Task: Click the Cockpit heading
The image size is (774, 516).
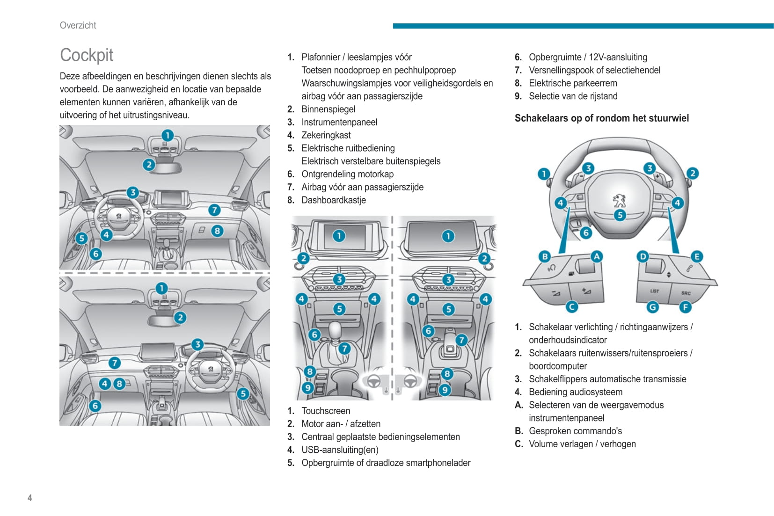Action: (x=87, y=55)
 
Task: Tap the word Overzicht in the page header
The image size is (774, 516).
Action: (x=78, y=25)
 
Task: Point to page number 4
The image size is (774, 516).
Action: (x=30, y=498)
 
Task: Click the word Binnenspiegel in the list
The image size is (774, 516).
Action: (x=328, y=109)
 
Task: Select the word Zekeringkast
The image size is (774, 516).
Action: (x=326, y=135)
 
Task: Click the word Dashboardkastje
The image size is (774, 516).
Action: (x=333, y=200)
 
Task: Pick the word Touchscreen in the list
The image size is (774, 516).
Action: (x=325, y=411)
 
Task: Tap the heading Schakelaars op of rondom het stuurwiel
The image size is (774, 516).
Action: (x=601, y=118)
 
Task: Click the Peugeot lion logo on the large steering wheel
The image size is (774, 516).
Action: (x=619, y=200)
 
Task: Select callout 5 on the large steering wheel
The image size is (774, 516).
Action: (x=620, y=215)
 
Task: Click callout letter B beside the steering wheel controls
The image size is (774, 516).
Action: (x=544, y=256)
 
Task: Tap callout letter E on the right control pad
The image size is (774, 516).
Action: (x=696, y=256)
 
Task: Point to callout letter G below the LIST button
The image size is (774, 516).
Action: (x=652, y=307)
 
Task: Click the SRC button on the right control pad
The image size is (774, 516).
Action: (x=686, y=293)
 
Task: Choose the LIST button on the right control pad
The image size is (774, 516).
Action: (x=654, y=291)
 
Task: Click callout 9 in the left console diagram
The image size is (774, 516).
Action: (x=307, y=388)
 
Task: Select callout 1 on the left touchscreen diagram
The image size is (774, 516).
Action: (x=339, y=236)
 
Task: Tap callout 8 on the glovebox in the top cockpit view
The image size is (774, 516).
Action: (x=217, y=231)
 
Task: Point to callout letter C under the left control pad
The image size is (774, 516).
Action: (x=571, y=306)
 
